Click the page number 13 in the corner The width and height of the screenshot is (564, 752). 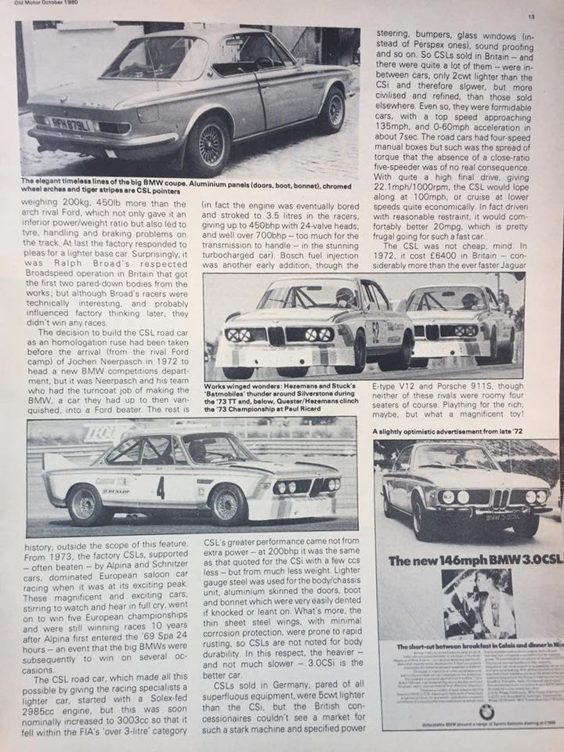(530, 16)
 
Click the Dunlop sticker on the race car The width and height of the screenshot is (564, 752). (114, 491)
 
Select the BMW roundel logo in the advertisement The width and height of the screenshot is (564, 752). (486, 711)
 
